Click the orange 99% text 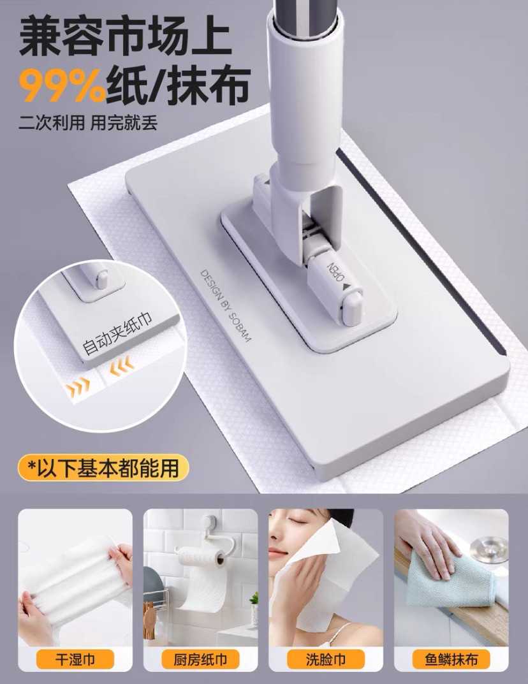pyautogui.click(x=62, y=86)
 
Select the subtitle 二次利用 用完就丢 pyautogui.click(x=88, y=121)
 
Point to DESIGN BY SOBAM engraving pyautogui.click(x=226, y=305)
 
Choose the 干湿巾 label pyautogui.click(x=75, y=659)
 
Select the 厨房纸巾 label pyautogui.click(x=200, y=659)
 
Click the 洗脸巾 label pyautogui.click(x=325, y=659)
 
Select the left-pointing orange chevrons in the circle pyautogui.click(x=122, y=365)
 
